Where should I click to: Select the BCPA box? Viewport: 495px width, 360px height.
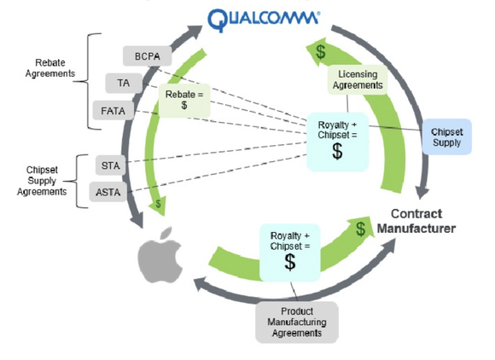pos(148,57)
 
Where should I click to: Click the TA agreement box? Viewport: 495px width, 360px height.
pos(123,83)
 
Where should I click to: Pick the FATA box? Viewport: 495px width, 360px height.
pos(112,111)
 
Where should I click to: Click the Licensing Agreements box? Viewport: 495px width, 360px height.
pos(358,80)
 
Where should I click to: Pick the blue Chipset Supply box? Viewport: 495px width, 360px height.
pos(446,136)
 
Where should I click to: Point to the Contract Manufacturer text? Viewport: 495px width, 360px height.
pos(423,221)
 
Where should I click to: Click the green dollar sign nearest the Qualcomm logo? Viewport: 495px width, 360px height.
pos(320,52)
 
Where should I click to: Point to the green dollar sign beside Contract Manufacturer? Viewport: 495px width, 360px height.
pos(363,228)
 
